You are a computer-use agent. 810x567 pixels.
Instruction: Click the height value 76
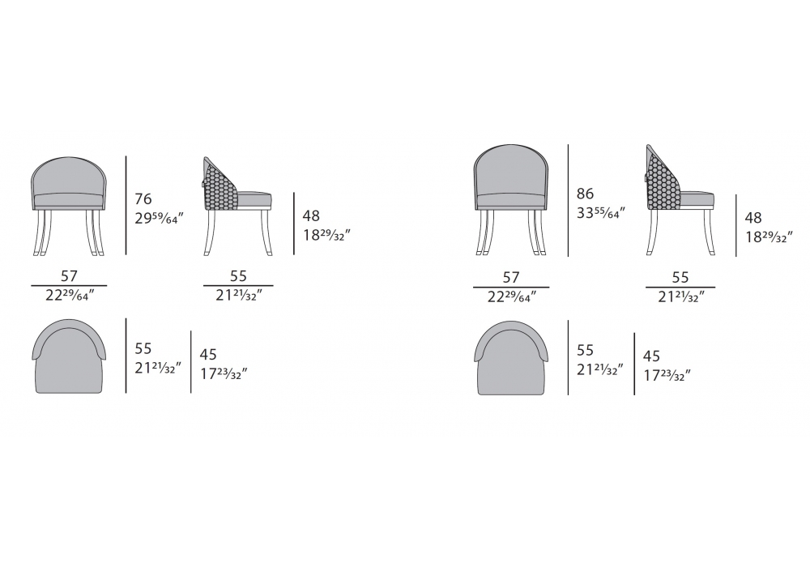coord(143,198)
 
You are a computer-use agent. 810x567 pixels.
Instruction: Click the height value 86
coord(586,194)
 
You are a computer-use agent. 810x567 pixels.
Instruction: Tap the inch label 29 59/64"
coord(159,219)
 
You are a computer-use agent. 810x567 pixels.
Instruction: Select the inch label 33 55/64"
coord(601,212)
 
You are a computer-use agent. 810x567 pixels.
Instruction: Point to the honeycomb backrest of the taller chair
coord(663,181)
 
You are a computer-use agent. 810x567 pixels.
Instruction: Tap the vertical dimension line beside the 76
coord(126,206)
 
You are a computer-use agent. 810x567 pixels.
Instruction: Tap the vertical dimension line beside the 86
coord(569,200)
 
